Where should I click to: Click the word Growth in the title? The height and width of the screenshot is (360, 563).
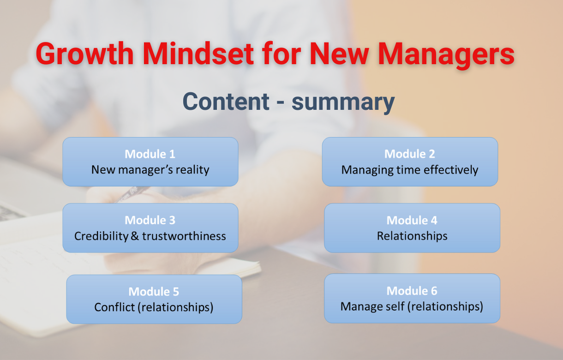pyautogui.click(x=85, y=54)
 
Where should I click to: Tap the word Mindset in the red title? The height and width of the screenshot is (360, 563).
pyautogui.click(x=198, y=54)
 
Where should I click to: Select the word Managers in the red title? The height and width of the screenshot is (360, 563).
pyautogui.click(x=446, y=55)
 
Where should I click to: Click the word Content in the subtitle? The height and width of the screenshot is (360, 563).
pyautogui.click(x=226, y=102)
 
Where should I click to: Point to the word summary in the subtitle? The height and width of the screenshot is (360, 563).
pyautogui.click(x=343, y=103)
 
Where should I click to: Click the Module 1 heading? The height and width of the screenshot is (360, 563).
pyautogui.click(x=150, y=154)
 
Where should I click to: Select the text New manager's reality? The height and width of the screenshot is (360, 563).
pyautogui.click(x=150, y=170)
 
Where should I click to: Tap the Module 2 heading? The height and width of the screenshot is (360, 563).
pyautogui.click(x=410, y=154)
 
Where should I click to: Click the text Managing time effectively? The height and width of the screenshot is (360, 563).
pyautogui.click(x=410, y=170)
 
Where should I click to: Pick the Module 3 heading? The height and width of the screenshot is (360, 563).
pyautogui.click(x=150, y=220)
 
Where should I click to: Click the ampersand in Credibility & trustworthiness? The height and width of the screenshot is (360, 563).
pyautogui.click(x=135, y=236)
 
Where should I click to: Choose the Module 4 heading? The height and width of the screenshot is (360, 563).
pyautogui.click(x=412, y=221)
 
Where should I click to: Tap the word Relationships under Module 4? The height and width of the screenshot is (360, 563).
pyautogui.click(x=412, y=236)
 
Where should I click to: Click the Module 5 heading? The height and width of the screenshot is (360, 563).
pyautogui.click(x=154, y=292)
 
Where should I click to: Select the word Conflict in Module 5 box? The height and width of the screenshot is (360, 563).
pyautogui.click(x=114, y=307)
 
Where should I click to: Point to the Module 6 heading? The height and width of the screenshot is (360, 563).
pyautogui.click(x=412, y=291)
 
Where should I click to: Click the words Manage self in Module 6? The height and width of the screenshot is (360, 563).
pyautogui.click(x=372, y=306)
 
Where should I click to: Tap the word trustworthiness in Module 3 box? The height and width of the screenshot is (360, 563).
pyautogui.click(x=184, y=236)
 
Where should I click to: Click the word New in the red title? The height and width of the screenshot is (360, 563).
pyautogui.click(x=339, y=54)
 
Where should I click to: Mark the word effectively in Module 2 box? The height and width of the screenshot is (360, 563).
pyautogui.click(x=451, y=170)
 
